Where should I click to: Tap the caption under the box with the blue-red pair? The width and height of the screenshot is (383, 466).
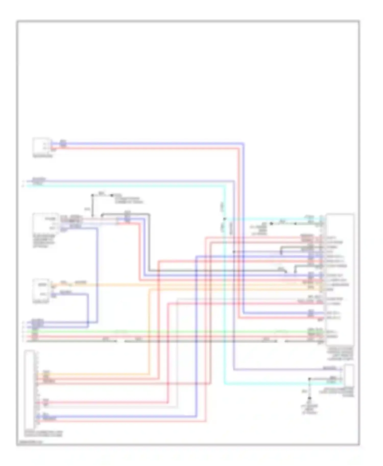(43, 156)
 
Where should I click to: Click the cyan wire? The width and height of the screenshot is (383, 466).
(128, 186)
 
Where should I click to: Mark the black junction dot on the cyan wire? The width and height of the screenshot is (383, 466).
(225, 219)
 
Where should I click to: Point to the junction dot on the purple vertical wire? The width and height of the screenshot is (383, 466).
(234, 252)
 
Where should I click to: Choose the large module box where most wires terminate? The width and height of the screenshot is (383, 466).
(340, 279)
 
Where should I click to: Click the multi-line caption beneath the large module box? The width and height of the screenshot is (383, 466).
(340, 353)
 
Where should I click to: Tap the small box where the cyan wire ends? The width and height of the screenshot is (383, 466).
(349, 376)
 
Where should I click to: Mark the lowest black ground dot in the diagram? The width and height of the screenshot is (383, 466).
(309, 398)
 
